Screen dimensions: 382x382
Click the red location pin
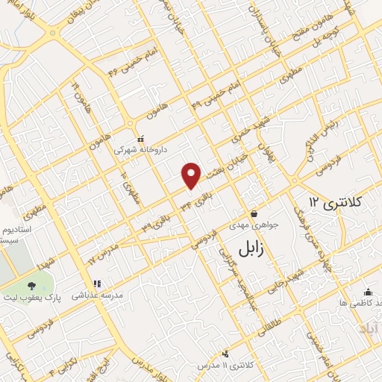[192, 175]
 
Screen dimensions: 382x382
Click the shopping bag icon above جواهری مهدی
[254, 213]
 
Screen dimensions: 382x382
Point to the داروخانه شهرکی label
[136, 149]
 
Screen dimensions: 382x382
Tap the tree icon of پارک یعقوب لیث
[31, 286]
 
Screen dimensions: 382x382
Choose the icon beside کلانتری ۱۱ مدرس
[225, 354]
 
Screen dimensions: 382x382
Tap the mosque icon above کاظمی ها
[367, 292]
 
